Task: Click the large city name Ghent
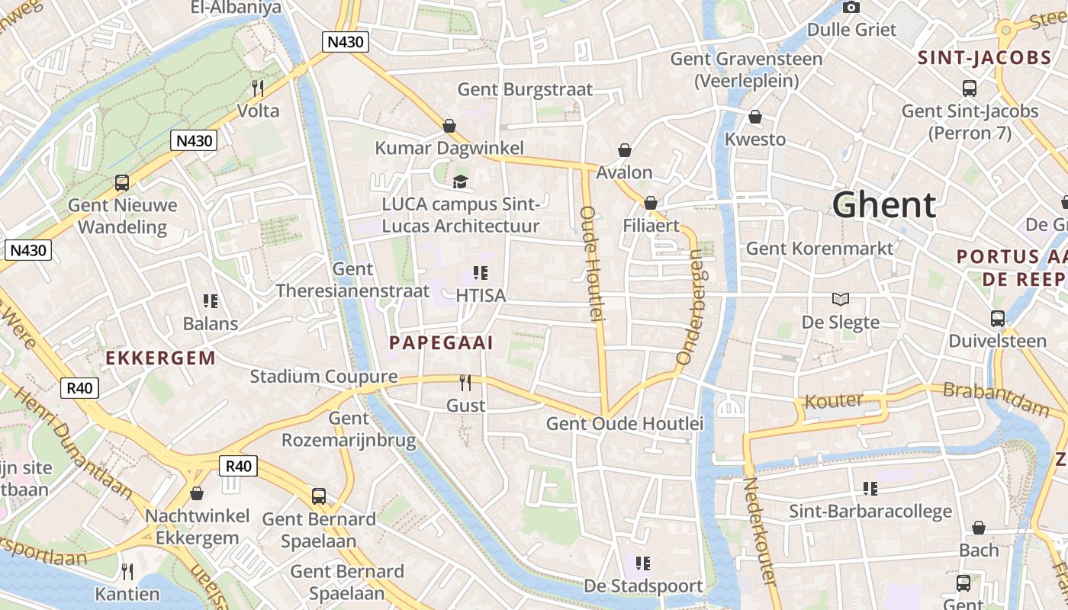click(x=883, y=205)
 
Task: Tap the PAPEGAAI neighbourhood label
click(x=441, y=343)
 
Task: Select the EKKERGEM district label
click(x=160, y=358)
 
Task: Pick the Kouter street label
click(x=834, y=400)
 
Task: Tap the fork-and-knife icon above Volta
click(x=258, y=88)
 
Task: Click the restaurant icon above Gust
click(x=465, y=383)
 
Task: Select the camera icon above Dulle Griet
click(x=851, y=8)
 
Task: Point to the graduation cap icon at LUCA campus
click(x=460, y=181)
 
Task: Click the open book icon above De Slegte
click(x=840, y=300)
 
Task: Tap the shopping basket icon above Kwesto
click(x=754, y=117)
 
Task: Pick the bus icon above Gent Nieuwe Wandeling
click(x=122, y=183)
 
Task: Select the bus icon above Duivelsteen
click(x=997, y=319)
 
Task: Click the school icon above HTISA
click(x=480, y=272)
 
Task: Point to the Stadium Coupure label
click(x=323, y=377)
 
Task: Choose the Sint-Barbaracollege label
click(x=870, y=511)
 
